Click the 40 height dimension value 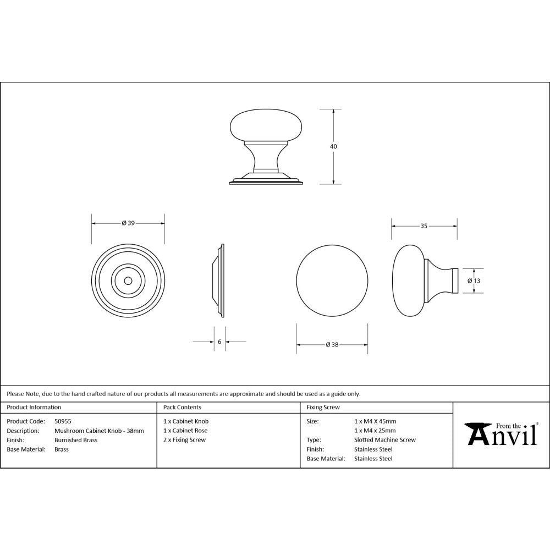(x=333, y=146)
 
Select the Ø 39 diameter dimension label (x=128, y=223)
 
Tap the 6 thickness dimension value (x=219, y=342)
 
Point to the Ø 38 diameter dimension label (x=332, y=345)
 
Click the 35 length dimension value (x=424, y=226)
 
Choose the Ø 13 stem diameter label (x=474, y=280)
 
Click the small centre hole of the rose (x=128, y=280)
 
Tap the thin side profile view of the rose (x=219, y=280)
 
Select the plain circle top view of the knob (x=332, y=280)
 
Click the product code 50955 (x=63, y=421)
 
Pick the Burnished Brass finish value (x=76, y=440)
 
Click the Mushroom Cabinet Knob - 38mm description (x=99, y=431)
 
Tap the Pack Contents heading (x=182, y=408)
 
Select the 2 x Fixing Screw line (x=185, y=440)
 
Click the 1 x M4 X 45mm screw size (x=375, y=421)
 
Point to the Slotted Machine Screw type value (x=385, y=440)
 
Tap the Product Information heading (x=34, y=408)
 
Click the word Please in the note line (x=15, y=394)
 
